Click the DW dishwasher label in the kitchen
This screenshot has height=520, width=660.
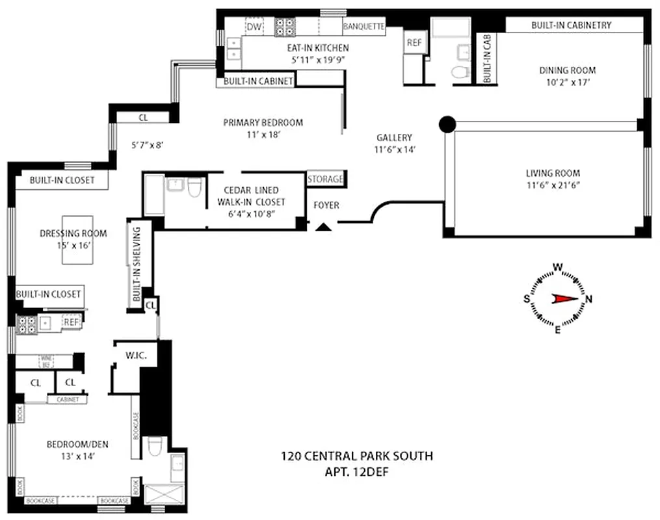tap(254, 27)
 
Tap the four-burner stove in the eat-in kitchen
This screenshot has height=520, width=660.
tap(285, 27)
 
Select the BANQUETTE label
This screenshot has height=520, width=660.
tap(363, 27)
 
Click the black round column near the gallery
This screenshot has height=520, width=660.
tap(447, 123)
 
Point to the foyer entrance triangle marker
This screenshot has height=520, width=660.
tap(323, 226)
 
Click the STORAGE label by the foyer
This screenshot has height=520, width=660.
tap(325, 178)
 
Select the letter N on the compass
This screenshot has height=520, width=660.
tap(589, 299)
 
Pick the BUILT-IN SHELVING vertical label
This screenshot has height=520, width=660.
tap(137, 263)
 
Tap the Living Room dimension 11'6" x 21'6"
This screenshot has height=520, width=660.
tap(552, 185)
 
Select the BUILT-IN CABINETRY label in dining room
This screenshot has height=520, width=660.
tap(571, 25)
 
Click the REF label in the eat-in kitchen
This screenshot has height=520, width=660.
tap(414, 43)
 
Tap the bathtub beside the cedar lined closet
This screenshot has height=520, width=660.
tap(154, 194)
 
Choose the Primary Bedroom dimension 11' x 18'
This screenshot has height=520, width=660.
tap(263, 135)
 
